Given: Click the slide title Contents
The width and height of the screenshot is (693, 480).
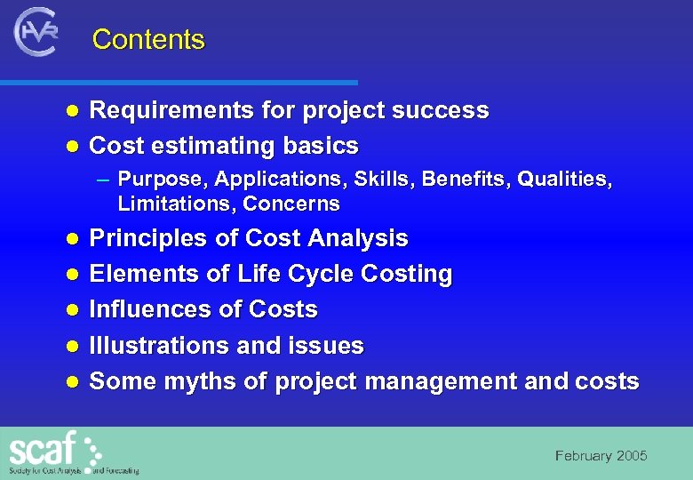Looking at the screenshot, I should (x=148, y=40).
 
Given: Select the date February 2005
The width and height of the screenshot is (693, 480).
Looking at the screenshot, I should (x=601, y=456).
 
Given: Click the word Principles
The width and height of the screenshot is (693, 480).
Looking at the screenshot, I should (x=146, y=238).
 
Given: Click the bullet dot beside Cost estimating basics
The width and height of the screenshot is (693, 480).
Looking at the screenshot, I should (x=74, y=146).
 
